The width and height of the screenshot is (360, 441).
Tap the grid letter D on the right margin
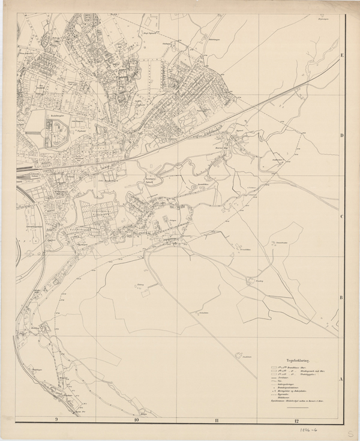[342, 136]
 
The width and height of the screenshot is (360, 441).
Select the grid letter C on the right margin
[342, 217]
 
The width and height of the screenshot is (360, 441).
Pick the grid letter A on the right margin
[342, 379]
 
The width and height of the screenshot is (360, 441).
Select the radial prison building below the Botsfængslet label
[58, 128]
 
